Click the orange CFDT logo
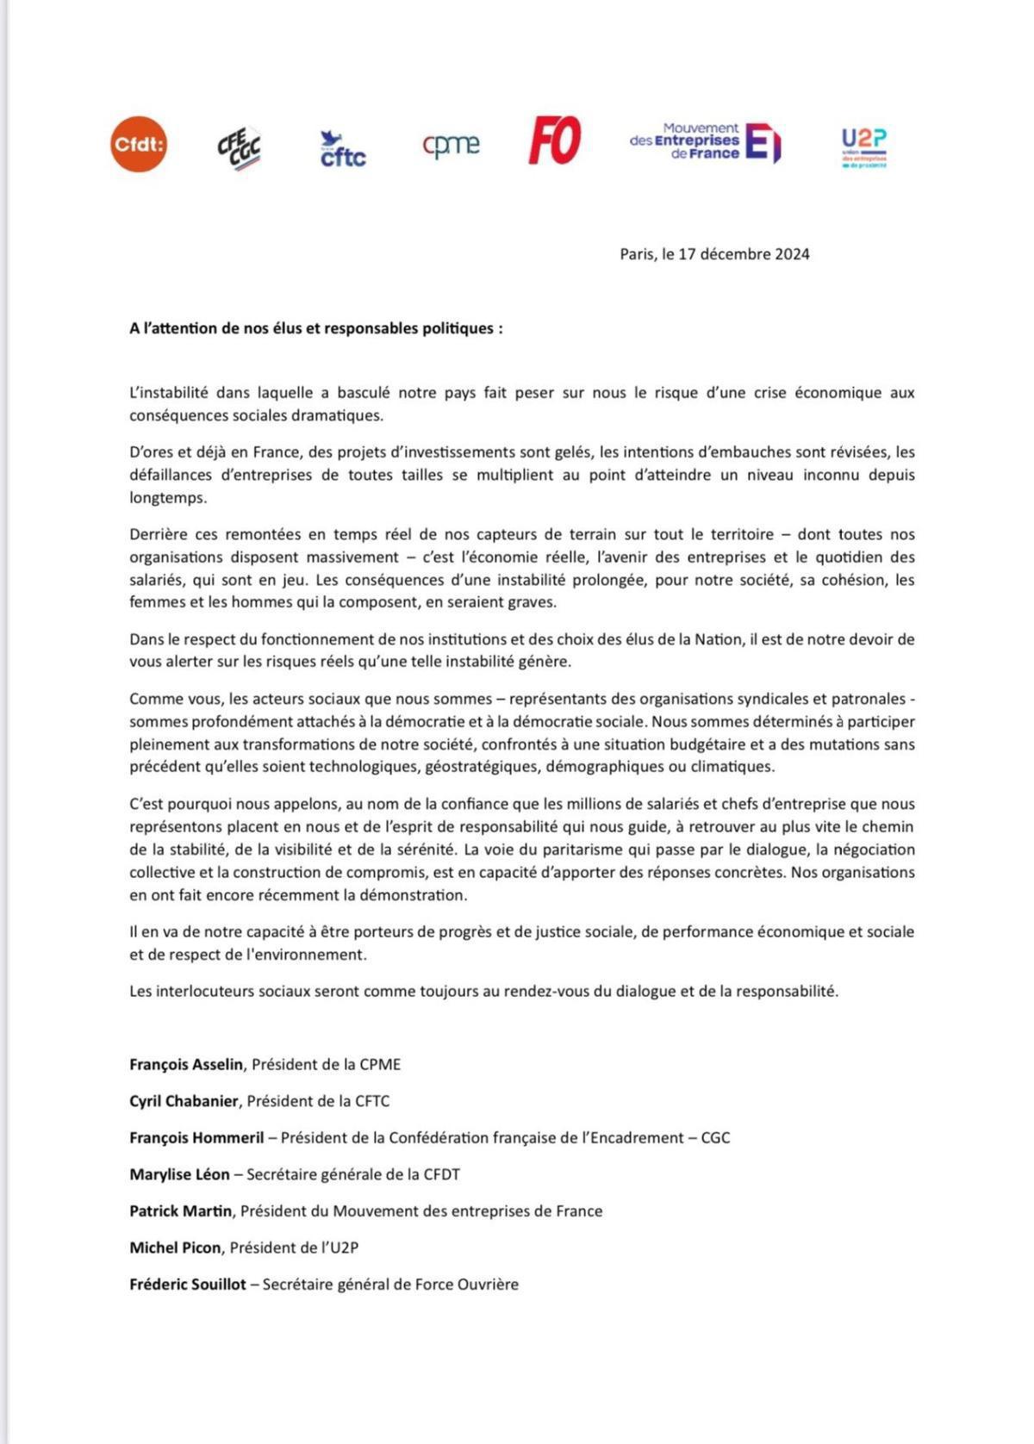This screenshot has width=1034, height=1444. click(x=139, y=144)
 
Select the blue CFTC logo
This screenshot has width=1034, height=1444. click(x=343, y=149)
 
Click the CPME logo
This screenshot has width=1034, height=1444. click(x=451, y=145)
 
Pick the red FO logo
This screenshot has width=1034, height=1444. click(x=555, y=140)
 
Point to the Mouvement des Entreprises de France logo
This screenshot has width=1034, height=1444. click(x=705, y=141)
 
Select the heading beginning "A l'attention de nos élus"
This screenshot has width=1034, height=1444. click(x=316, y=328)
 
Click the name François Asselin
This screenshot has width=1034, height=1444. click(x=186, y=1064)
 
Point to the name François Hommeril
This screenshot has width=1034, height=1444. click(x=196, y=1137)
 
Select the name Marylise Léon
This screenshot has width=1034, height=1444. click(x=179, y=1174)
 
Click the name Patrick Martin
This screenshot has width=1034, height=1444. click(x=180, y=1211)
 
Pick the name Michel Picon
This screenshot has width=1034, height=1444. click(x=175, y=1248)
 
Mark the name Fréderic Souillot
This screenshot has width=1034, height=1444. click(x=188, y=1284)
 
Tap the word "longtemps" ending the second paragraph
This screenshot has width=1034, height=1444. click(x=168, y=498)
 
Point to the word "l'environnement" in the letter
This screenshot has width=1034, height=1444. click(x=308, y=955)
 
